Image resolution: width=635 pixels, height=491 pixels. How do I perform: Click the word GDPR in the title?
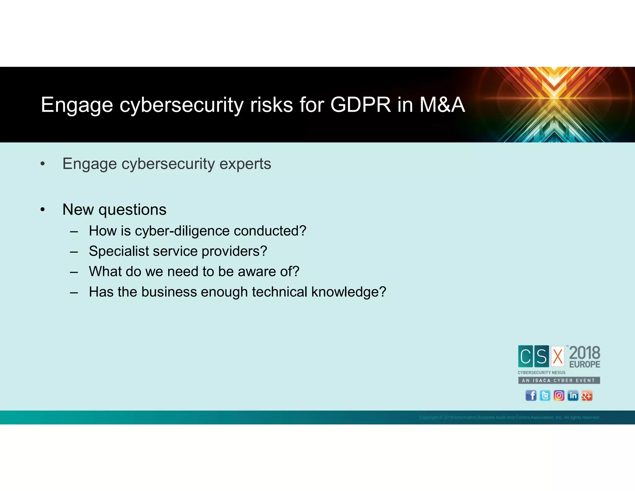click(x=360, y=105)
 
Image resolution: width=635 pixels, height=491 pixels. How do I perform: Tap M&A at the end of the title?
click(x=442, y=105)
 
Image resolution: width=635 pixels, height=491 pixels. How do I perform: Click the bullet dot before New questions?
click(x=43, y=210)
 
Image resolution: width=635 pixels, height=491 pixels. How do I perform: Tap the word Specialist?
click(x=118, y=251)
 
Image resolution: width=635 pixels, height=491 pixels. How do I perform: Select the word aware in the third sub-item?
click(x=257, y=272)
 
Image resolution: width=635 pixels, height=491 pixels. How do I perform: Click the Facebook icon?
click(x=531, y=396)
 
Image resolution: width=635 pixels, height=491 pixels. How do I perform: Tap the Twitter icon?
click(x=545, y=396)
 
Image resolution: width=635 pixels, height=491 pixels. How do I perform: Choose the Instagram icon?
click(x=559, y=396)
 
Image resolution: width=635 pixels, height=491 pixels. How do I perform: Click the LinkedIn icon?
click(x=573, y=396)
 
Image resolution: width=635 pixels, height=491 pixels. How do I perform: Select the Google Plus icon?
click(x=587, y=396)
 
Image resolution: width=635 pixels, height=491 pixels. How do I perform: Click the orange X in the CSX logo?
click(x=558, y=356)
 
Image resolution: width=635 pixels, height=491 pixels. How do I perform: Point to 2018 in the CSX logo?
click(x=584, y=353)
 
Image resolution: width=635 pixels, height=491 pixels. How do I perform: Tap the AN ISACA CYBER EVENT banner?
click(x=559, y=380)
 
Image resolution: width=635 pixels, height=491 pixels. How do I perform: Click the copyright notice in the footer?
click(x=509, y=417)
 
